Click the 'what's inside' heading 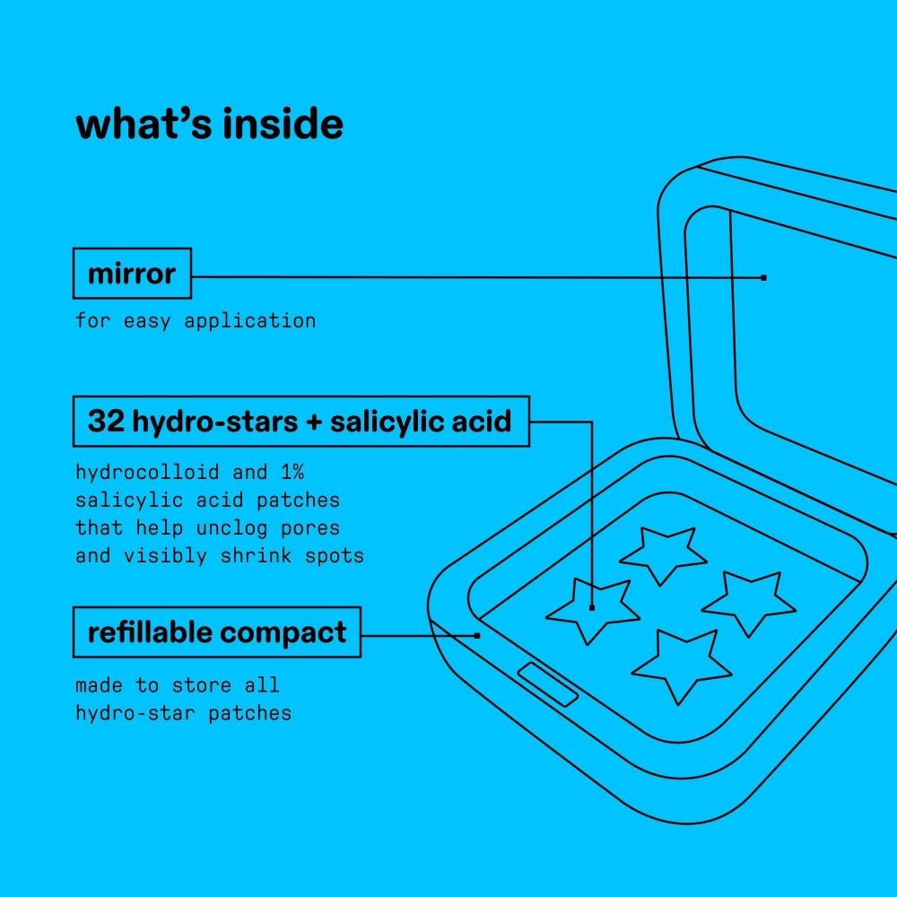pos(209,126)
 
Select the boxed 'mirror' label pos(132,274)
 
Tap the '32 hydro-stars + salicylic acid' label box pos(300,421)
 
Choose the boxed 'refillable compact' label pos(216,632)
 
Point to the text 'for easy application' pos(196,320)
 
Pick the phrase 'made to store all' pos(178,685)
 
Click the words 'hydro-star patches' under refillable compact pos(183,714)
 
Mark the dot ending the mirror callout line pos(763,278)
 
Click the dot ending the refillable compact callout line pos(477,635)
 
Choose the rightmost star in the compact pos(749,602)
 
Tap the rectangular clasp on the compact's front pos(548,684)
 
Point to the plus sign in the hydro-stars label pos(312,422)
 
